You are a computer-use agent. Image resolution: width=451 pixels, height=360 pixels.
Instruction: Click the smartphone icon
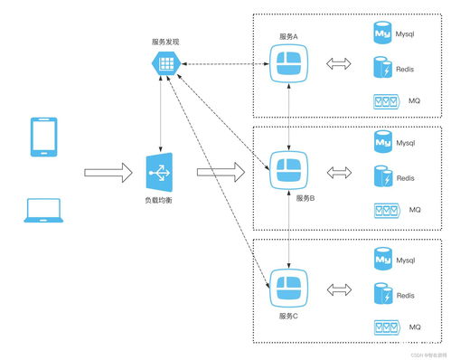pyautogui.click(x=43, y=135)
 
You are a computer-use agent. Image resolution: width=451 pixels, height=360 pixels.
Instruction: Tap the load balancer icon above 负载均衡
pyautogui.click(x=160, y=169)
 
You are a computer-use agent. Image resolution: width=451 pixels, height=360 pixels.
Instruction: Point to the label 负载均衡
pyautogui.click(x=159, y=199)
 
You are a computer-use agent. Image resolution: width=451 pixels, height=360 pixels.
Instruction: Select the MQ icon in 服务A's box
pyautogui.click(x=386, y=101)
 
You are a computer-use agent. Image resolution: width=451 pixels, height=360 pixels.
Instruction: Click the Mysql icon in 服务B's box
pyautogui.click(x=382, y=142)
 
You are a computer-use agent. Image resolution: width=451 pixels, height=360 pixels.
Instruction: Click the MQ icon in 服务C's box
pyautogui.click(x=386, y=326)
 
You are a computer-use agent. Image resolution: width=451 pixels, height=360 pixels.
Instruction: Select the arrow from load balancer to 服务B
pyautogui.click(x=221, y=170)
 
